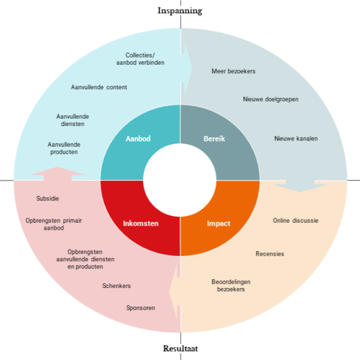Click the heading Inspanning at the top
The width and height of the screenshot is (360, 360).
pos(180,10)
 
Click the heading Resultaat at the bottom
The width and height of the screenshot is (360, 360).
pos(180,349)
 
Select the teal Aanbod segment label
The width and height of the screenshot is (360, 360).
pos(138,139)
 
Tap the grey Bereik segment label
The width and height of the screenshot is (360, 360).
pos(214,139)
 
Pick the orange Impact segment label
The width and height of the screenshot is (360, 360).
pos(218,223)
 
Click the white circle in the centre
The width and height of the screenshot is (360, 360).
pos(180,179)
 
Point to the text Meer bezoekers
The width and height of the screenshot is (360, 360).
pos(233,71)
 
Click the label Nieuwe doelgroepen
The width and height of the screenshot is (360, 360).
pos(271,99)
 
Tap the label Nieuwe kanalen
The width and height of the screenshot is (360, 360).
pos(296,139)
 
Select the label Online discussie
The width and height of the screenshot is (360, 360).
pos(296,220)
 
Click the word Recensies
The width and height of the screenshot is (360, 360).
pos(270,254)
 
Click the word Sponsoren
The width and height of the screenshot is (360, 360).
pos(140,308)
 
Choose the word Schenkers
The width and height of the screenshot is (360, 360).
pos(116,286)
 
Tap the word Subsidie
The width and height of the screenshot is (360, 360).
pos(47,198)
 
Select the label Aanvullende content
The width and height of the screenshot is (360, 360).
pos(99,87)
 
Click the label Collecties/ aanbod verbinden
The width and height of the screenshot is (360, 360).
pos(140,59)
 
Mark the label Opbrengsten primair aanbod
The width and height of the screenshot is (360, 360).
pos(53,224)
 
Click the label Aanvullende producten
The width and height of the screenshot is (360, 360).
pos(64,148)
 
